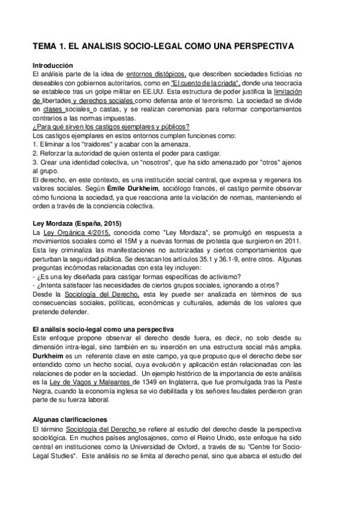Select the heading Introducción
52,65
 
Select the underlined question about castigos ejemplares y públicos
111,127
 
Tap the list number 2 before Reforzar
34,153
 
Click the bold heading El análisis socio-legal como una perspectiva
102,330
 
